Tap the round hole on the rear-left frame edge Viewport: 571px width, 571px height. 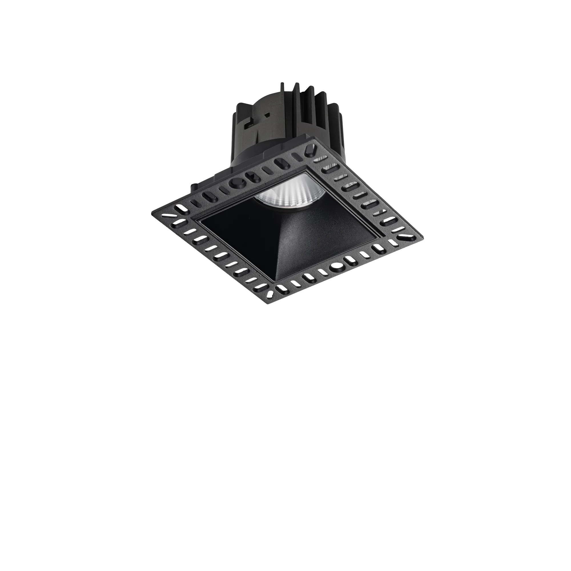(x=237, y=183)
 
